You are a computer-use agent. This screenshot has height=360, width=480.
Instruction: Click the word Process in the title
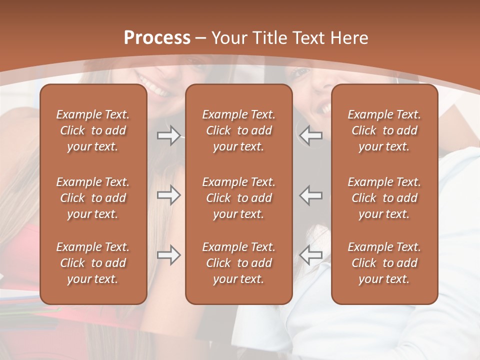[157, 38]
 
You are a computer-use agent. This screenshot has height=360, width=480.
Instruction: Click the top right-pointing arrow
[169, 135]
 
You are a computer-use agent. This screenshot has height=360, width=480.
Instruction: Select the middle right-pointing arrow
[169, 195]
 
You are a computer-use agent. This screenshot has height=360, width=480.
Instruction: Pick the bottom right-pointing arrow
[169, 255]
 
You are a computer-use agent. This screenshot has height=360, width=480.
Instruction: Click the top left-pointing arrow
[310, 135]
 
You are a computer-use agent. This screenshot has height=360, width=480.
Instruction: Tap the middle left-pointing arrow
[310, 195]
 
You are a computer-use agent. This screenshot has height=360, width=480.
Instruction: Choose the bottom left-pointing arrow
[310, 255]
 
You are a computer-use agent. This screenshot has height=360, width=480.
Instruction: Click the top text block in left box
[93, 130]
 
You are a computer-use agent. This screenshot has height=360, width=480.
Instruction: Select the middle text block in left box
[93, 198]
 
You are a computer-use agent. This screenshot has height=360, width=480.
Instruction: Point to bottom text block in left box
[93, 263]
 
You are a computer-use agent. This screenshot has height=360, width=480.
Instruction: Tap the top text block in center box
[238, 130]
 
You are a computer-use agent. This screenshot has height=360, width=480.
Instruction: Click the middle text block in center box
[238, 198]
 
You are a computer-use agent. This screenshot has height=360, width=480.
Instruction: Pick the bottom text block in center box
[238, 263]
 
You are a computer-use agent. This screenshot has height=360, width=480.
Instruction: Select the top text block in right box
[384, 130]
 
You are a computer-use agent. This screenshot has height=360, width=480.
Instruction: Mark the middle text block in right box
[384, 198]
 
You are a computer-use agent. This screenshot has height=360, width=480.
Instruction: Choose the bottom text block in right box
[384, 263]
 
